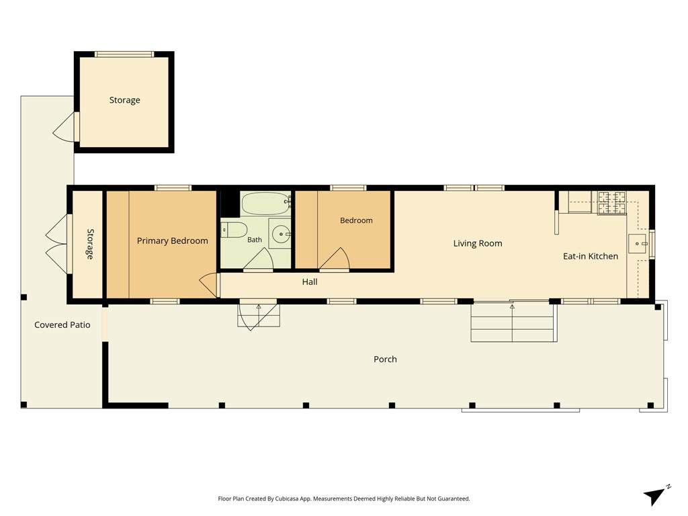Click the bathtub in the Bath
tap(265, 203)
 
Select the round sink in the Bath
tap(280, 234)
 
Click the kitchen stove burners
tap(611, 202)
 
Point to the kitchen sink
tap(638, 243)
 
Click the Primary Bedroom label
tap(173, 241)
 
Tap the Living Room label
tap(478, 243)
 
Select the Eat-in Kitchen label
tap(590, 256)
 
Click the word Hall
tap(309, 282)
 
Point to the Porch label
tap(385, 359)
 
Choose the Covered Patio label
tap(62, 325)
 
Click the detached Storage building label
tap(124, 100)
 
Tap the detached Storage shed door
tap(65, 127)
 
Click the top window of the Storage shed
tap(124, 54)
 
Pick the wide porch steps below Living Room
tap(513, 322)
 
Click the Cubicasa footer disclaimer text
tap(344, 499)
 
